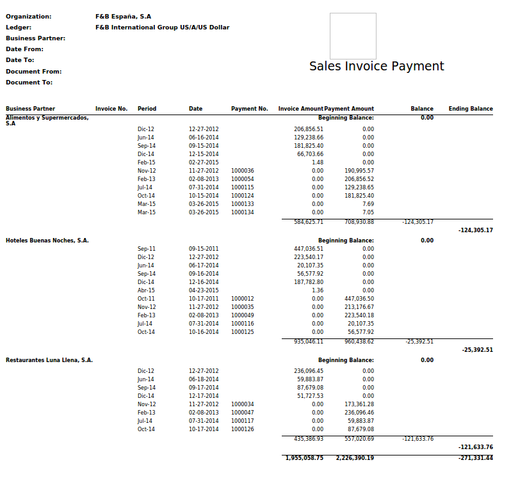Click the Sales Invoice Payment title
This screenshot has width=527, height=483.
(377, 67)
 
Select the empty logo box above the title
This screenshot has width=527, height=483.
(353, 36)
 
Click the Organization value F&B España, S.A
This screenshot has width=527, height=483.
(124, 17)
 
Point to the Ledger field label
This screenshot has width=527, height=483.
(19, 28)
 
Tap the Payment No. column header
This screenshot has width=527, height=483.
(249, 109)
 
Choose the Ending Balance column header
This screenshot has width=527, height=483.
(471, 109)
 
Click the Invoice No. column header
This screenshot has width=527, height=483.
(111, 109)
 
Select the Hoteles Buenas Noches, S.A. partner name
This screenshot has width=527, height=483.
(47, 241)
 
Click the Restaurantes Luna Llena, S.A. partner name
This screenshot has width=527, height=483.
(49, 360)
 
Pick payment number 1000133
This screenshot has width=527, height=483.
(243, 204)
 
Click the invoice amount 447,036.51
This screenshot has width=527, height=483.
(309, 249)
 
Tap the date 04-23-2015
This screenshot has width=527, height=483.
(204, 290)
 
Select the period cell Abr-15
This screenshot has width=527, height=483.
(146, 290)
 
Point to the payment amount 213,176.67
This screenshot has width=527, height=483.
(359, 307)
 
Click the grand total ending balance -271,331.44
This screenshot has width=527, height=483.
(476, 458)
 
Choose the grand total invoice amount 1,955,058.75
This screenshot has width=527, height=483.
(305, 458)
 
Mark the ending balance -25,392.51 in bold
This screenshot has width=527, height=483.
(477, 350)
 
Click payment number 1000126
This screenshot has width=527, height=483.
(243, 429)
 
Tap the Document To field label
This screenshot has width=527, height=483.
(29, 83)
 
